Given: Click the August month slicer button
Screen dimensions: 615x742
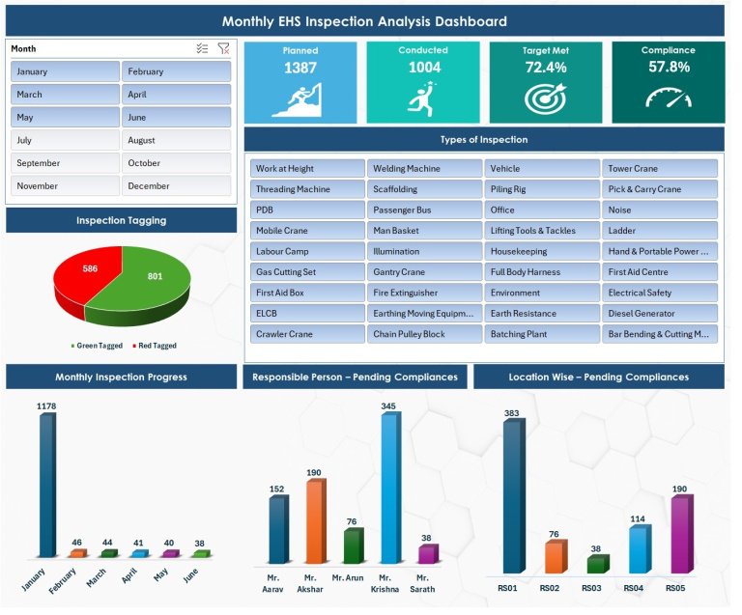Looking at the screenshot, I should (x=176, y=140).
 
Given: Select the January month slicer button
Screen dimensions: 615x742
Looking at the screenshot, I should (x=65, y=71).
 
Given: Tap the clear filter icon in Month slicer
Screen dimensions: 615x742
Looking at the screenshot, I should (x=223, y=48).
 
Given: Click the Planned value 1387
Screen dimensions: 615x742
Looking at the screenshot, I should (x=300, y=68).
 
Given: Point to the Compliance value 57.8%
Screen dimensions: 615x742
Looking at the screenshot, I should (x=668, y=68).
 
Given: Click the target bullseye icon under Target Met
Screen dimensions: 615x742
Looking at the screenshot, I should (x=545, y=98).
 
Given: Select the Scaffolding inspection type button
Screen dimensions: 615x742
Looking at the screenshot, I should (x=424, y=189).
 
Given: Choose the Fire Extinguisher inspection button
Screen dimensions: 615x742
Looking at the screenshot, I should (x=424, y=293).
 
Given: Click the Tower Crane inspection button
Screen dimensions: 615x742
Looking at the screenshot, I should (x=660, y=168).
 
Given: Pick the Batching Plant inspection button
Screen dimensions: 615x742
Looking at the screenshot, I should (x=542, y=334).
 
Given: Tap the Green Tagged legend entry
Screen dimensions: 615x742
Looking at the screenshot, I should (x=98, y=346).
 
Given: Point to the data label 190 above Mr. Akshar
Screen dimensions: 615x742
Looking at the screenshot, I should (x=314, y=473).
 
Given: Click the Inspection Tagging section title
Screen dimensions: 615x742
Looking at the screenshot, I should (x=121, y=220).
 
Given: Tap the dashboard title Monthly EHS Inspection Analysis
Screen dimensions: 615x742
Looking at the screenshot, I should (x=364, y=21).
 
